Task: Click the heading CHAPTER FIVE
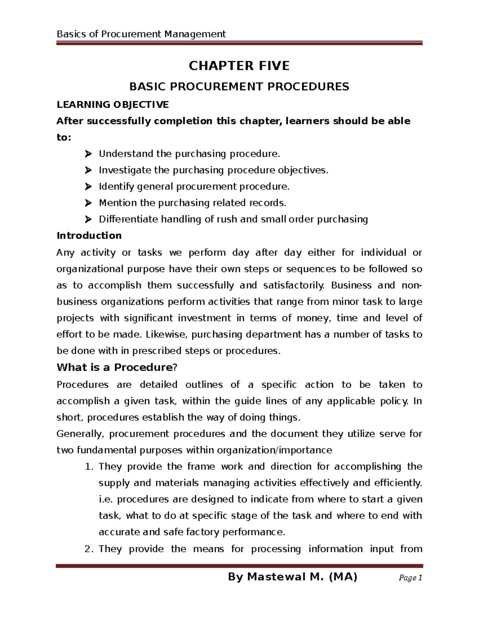[x=239, y=66]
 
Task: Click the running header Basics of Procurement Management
[x=141, y=34]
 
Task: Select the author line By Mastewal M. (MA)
[x=292, y=577]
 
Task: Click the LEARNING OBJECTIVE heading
[x=113, y=105]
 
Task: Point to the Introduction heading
[x=89, y=236]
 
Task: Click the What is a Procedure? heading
[x=116, y=367]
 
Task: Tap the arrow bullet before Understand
[x=88, y=154]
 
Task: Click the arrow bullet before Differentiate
[x=88, y=220]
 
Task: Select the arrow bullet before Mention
[x=88, y=203]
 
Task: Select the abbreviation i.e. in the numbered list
[x=106, y=499]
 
